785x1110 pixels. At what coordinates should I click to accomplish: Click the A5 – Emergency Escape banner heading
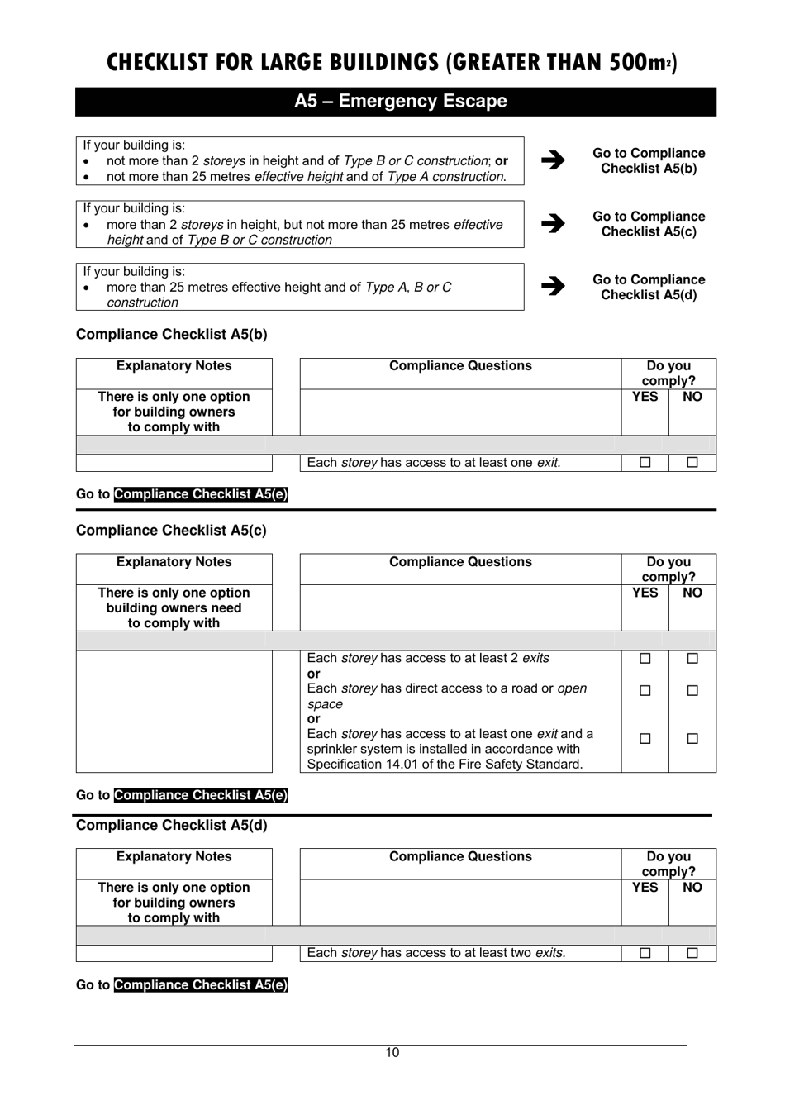click(400, 102)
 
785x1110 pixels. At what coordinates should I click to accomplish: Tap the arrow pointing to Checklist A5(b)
click(553, 160)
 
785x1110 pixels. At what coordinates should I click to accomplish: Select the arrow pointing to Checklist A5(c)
click(553, 223)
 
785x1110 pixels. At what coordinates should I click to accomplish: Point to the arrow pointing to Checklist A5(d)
click(553, 286)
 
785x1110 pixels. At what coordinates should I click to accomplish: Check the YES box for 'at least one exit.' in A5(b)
click(645, 463)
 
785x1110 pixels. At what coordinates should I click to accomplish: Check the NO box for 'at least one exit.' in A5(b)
click(692, 463)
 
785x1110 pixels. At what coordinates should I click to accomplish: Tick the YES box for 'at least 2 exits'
click(645, 659)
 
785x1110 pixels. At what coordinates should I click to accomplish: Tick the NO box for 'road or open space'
click(692, 690)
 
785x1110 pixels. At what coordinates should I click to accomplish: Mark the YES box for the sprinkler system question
click(645, 739)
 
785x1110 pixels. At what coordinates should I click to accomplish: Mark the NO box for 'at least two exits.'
click(692, 953)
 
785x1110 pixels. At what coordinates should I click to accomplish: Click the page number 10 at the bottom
click(392, 1052)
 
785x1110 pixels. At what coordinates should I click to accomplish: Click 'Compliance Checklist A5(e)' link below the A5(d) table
click(201, 984)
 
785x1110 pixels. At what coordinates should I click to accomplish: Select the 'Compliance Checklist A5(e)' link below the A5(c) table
click(201, 795)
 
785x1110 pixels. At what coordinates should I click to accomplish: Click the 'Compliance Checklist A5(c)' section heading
click(171, 531)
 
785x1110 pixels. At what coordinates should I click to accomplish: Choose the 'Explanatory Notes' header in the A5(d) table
click(174, 856)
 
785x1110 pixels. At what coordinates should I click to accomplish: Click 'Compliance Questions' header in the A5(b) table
click(460, 366)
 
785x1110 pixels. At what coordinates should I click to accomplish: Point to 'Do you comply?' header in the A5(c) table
click(668, 569)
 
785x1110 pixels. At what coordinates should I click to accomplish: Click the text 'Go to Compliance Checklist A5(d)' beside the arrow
click(649, 287)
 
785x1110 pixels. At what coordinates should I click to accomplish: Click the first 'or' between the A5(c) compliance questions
click(313, 674)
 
